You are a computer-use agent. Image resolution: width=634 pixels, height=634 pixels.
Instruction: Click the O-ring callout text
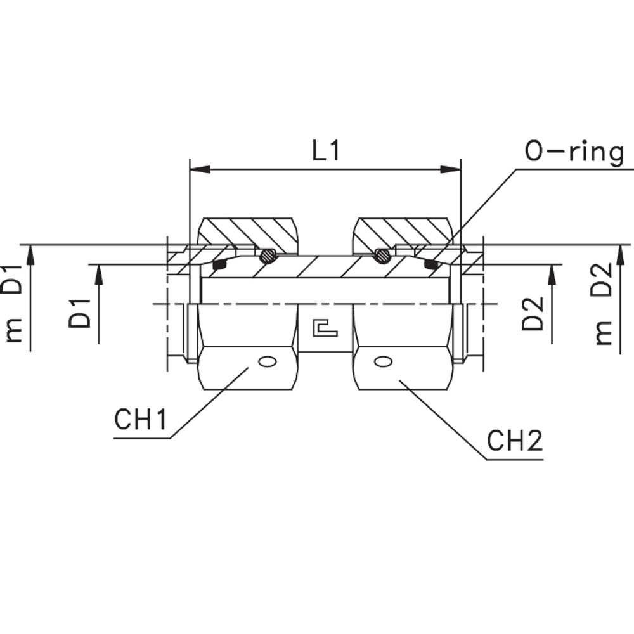573,153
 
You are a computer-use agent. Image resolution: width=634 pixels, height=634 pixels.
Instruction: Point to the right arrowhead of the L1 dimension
451,169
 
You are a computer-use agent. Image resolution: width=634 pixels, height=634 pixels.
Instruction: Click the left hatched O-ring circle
268,256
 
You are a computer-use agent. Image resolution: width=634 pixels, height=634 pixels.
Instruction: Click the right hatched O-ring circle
382,256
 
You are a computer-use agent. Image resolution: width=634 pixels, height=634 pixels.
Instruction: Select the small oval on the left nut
268,362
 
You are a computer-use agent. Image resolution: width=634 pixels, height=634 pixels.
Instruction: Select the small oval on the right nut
382,362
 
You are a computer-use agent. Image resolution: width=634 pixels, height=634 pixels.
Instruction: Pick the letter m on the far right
605,332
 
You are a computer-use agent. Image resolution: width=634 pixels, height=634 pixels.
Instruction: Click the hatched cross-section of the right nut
403,231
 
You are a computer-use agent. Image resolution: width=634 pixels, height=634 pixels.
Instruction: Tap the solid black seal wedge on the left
219,262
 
